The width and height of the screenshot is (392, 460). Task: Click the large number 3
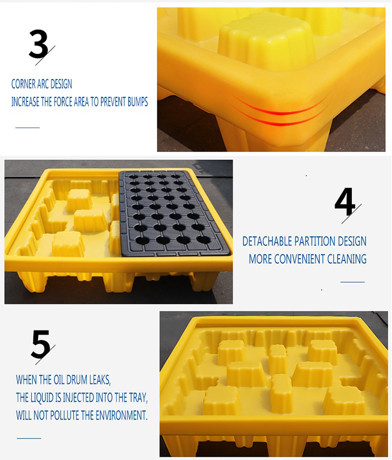(39, 44)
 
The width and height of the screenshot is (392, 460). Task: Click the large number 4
(345, 202)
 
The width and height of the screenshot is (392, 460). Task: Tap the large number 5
(41, 344)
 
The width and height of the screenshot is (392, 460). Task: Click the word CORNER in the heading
(23, 84)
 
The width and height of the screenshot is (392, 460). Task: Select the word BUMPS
(137, 102)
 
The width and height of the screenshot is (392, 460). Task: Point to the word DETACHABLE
(267, 241)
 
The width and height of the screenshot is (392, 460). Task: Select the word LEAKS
(100, 380)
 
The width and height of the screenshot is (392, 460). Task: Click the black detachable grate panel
(174, 214)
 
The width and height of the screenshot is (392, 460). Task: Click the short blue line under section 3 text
(27, 128)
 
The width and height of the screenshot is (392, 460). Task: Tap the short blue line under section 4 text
(352, 282)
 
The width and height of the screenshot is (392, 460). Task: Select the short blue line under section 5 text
(29, 438)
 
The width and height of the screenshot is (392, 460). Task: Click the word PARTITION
(315, 241)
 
